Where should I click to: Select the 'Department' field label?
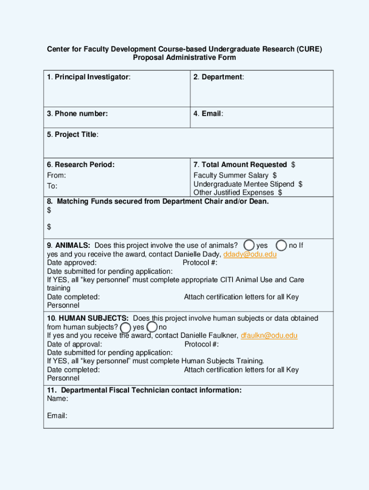coord(219,77)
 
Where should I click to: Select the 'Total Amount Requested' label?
coord(240,165)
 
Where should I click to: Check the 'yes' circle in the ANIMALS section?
coord(249,245)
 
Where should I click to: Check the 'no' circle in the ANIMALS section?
coord(282,245)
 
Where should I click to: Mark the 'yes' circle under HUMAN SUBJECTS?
coord(126,327)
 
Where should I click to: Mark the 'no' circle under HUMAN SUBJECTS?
coord(152,327)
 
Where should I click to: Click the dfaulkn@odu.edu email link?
coord(269,335)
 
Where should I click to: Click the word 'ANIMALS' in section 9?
coord(72,245)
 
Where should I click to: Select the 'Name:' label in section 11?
coord(58,399)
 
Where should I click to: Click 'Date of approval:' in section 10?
coord(74,344)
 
